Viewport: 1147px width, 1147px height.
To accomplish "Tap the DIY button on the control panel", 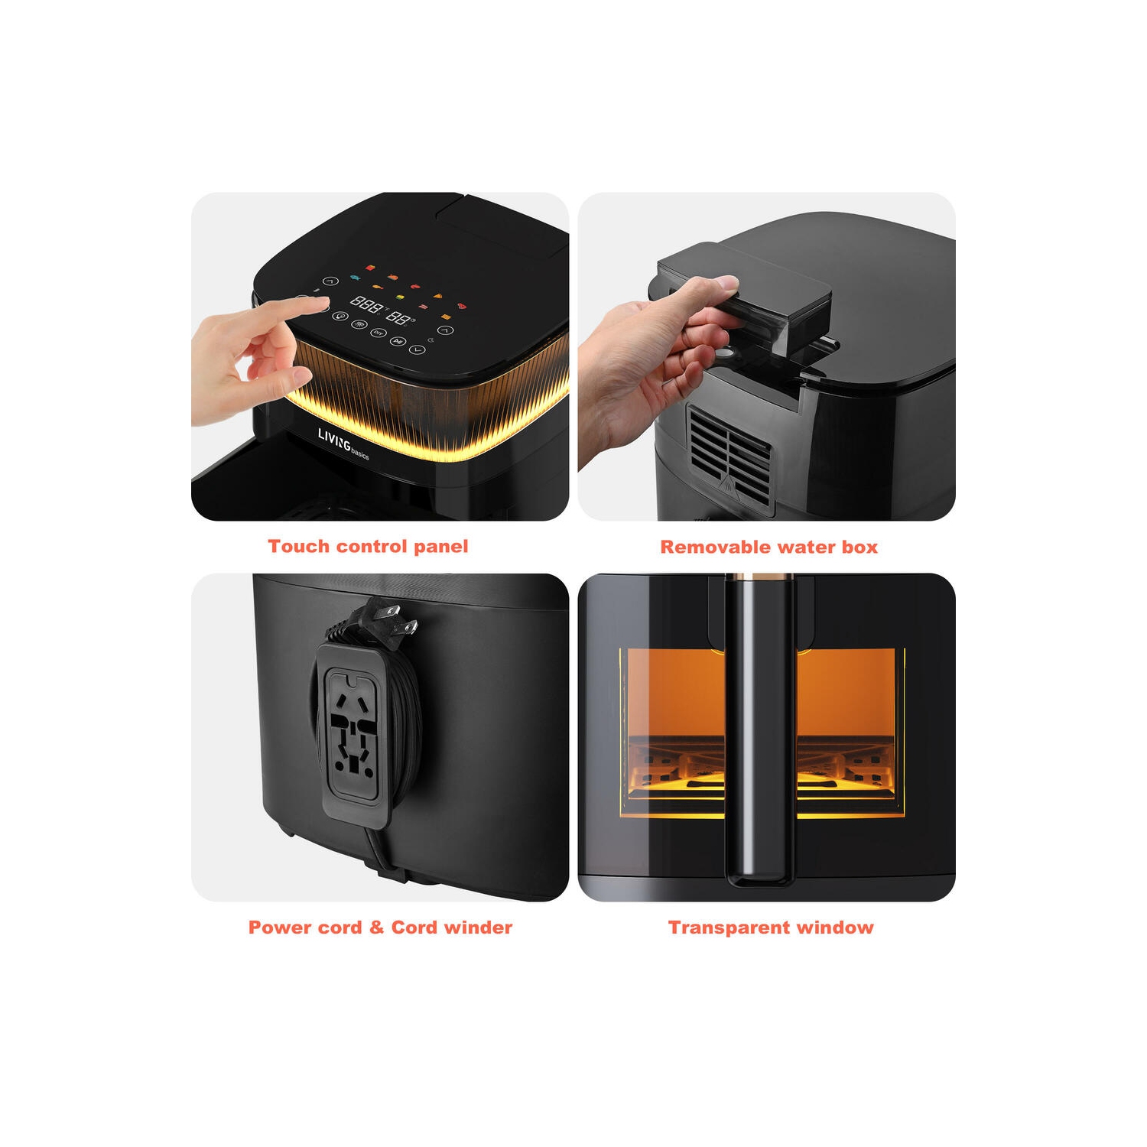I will [x=378, y=333].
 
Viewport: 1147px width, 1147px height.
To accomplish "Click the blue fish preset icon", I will [x=355, y=278].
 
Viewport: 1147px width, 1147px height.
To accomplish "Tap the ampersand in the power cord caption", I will [x=376, y=928].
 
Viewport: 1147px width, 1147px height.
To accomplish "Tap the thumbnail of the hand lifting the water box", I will [x=766, y=356].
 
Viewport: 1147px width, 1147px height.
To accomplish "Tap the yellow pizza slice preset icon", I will [x=438, y=296].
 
